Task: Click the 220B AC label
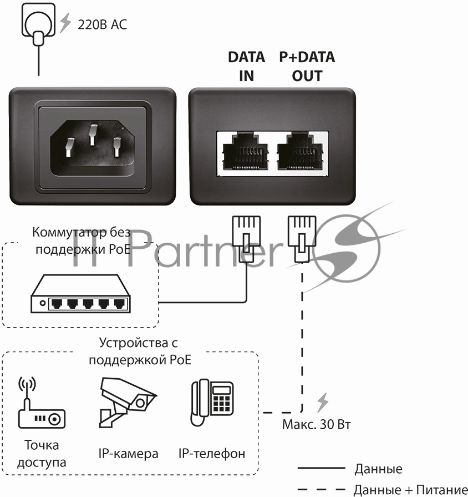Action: [x=102, y=24]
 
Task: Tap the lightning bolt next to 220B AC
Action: [x=65, y=23]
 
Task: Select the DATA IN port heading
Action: [x=246, y=66]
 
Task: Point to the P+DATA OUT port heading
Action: [x=307, y=66]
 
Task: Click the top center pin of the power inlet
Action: [x=93, y=135]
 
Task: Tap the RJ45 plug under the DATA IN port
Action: [x=247, y=239]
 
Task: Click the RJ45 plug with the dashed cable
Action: [x=302, y=239]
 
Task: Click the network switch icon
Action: [x=80, y=294]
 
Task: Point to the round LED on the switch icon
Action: [x=42, y=303]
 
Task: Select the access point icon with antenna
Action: [x=42, y=403]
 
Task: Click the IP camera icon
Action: [x=128, y=403]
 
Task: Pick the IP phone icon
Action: [x=212, y=403]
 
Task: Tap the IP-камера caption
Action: [x=128, y=454]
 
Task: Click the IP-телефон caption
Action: [x=212, y=454]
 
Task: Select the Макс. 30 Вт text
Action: [x=317, y=424]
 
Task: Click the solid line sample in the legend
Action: [x=321, y=468]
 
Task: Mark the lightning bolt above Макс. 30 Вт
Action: [x=323, y=403]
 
